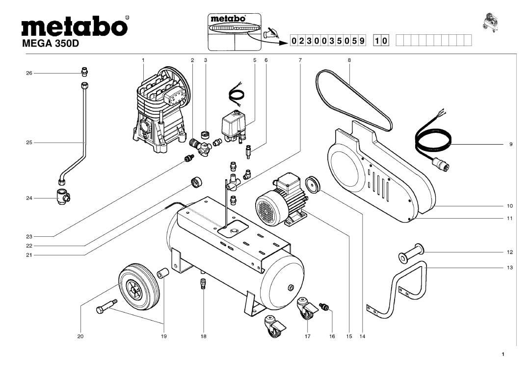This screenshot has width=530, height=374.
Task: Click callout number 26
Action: [29, 73]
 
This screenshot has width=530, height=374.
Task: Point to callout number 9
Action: [510, 145]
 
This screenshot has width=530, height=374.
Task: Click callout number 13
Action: [510, 268]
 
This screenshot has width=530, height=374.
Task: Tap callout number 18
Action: [203, 337]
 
